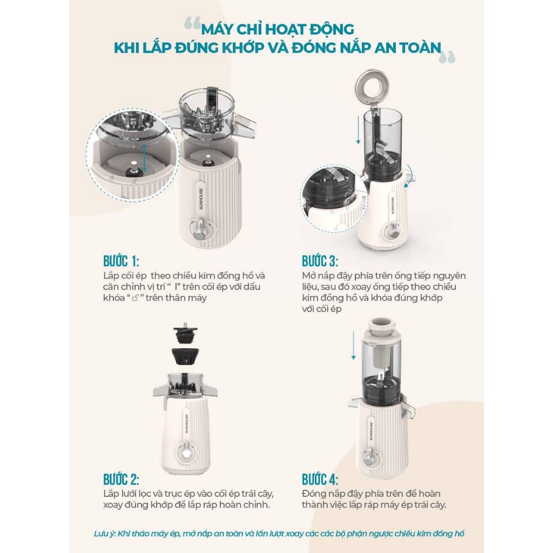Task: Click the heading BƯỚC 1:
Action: pos(121,261)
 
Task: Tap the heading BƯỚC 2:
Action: pos(121,480)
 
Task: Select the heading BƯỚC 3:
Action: pos(320,261)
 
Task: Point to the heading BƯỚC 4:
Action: pos(320,480)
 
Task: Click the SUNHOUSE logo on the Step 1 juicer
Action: pos(201,198)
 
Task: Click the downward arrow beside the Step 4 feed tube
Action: pos(353,345)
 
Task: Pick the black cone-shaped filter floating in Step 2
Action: pos(185,356)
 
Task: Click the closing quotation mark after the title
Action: pos(447,57)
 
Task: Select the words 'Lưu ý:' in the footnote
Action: pos(105,533)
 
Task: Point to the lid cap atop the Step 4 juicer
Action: pos(383,329)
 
